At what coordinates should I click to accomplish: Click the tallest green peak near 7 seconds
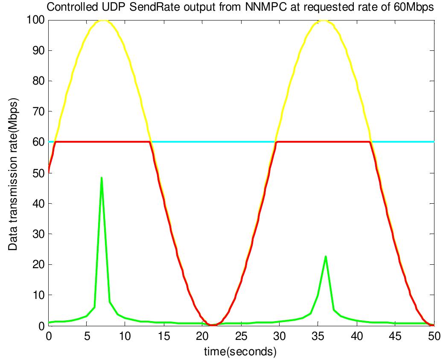101,178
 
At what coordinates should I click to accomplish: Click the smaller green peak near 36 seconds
326,257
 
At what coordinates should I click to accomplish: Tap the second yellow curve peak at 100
325,20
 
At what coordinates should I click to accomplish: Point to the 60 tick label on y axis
38,142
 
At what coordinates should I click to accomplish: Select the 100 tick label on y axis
35,20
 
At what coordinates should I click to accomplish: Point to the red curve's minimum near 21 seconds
212,325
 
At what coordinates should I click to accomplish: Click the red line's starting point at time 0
49,171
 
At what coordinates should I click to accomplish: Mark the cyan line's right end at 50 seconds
433,142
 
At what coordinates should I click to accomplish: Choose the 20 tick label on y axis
38,264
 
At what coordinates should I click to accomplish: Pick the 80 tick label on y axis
38,81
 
